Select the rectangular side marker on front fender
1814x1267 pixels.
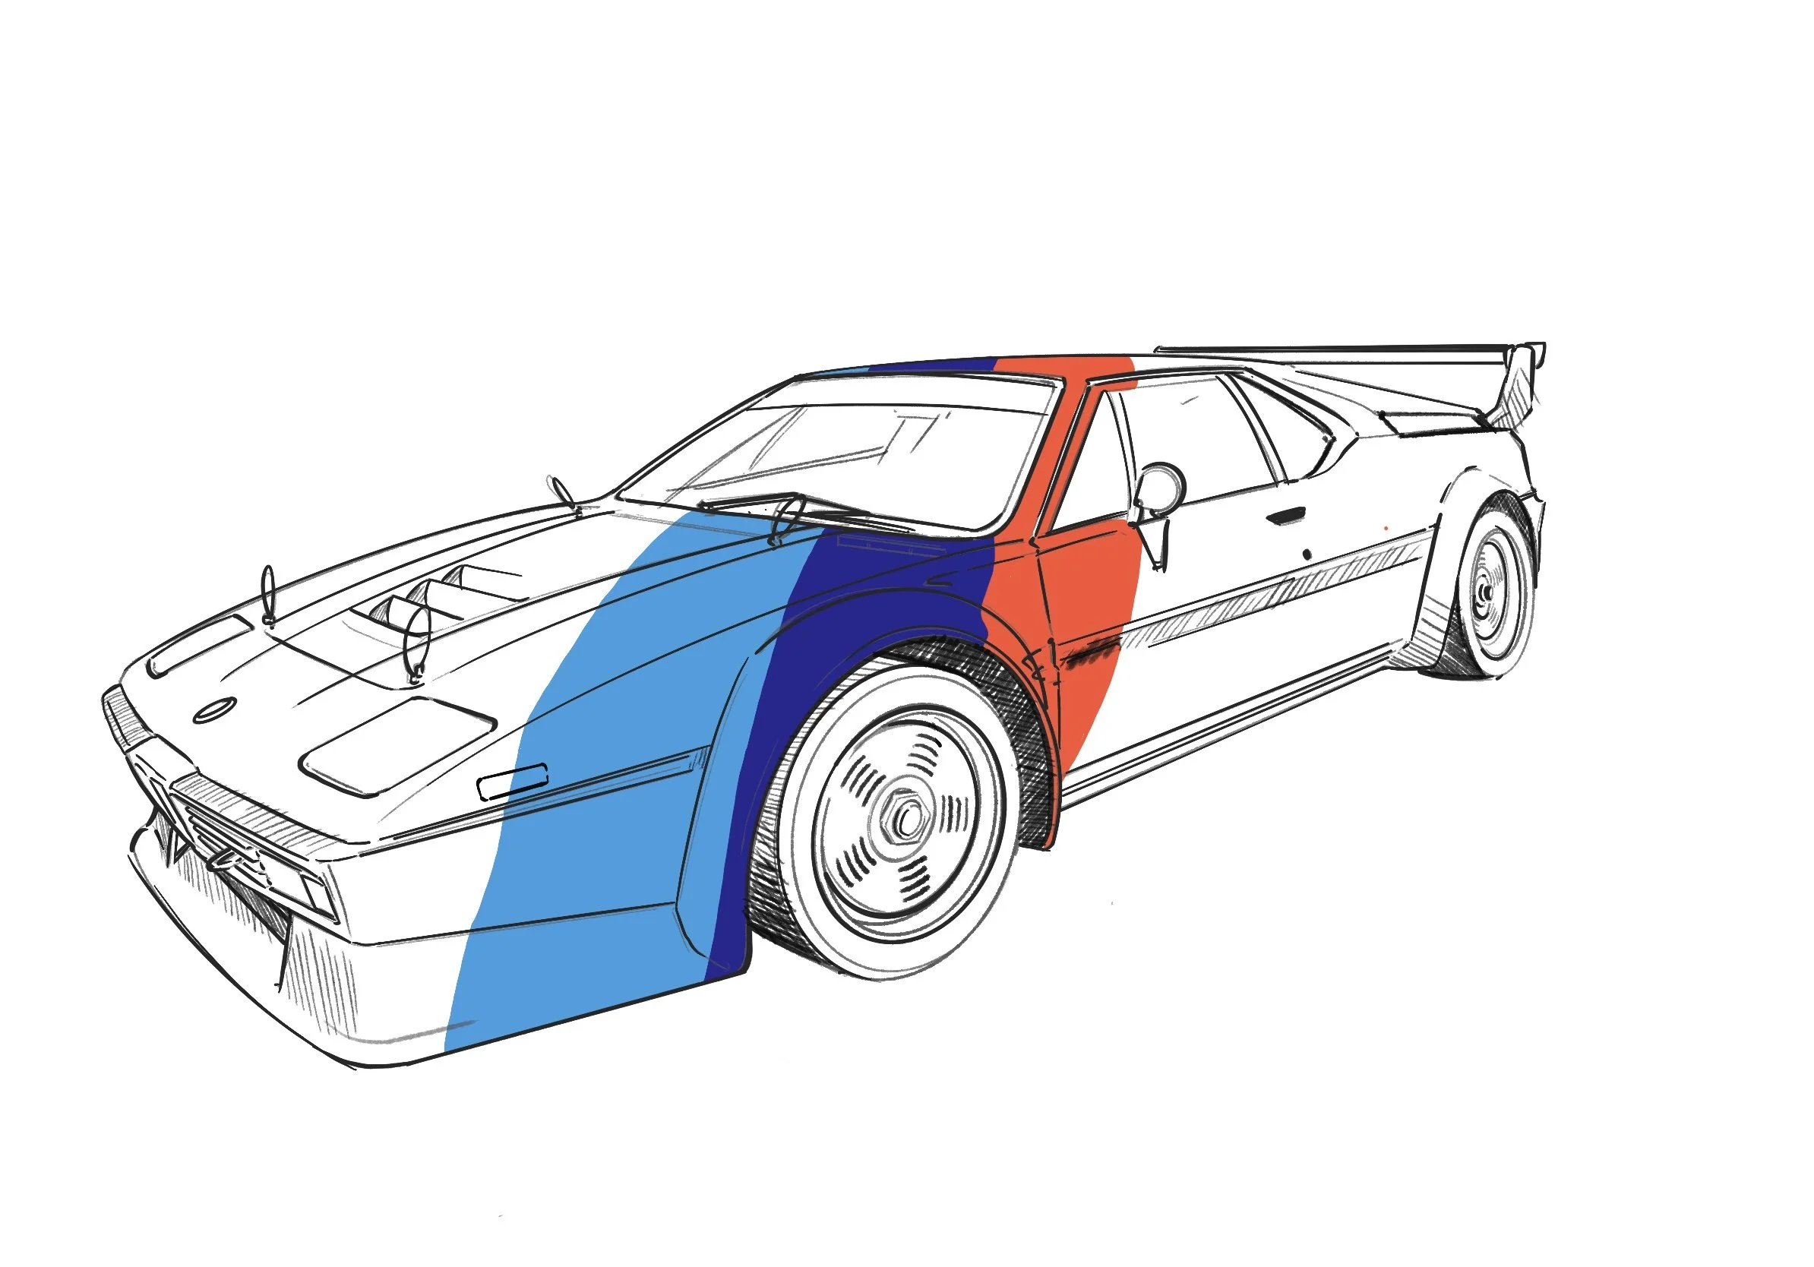pos(513,781)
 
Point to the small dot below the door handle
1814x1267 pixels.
pos(1307,555)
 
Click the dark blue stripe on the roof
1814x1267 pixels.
pos(932,365)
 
